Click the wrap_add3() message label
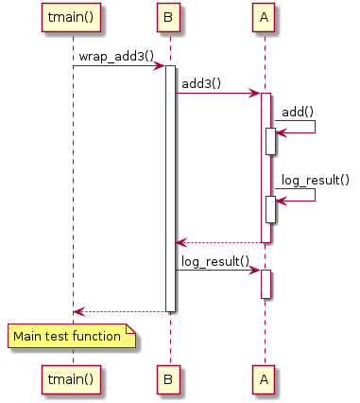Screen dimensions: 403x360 point(116,57)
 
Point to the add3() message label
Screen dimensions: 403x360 point(200,84)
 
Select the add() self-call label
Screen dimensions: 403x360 point(298,112)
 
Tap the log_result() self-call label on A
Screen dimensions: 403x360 point(313,180)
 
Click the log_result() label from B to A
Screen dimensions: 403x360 point(215,261)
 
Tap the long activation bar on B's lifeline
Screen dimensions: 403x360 point(170,189)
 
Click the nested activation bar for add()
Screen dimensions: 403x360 point(270,141)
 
